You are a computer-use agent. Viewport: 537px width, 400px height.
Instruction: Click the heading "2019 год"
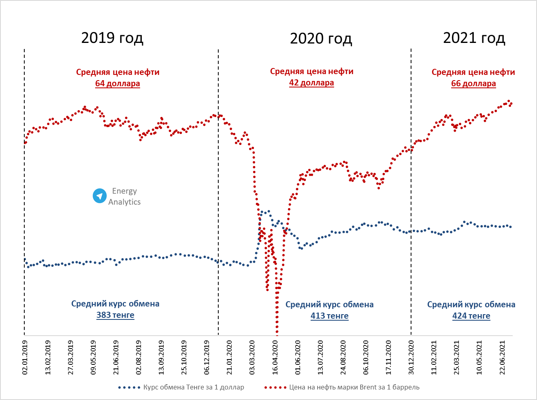pos(112,38)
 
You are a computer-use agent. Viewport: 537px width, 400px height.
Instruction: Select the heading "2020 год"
pos(321,38)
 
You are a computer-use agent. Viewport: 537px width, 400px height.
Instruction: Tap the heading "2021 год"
pos(474,38)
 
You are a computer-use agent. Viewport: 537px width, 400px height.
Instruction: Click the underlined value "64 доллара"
pos(117,83)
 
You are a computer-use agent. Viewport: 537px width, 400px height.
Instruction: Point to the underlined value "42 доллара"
pos(311,83)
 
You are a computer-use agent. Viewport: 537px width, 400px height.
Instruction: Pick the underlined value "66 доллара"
pos(473,83)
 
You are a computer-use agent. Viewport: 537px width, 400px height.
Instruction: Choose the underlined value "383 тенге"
pos(115,315)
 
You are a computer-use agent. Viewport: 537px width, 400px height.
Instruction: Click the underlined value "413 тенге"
pos(329,316)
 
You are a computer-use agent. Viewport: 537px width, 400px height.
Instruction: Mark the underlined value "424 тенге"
pos(471,316)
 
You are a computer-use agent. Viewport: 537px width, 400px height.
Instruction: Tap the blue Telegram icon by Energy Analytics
pos(100,196)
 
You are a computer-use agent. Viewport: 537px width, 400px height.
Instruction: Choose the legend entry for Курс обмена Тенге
pos(181,387)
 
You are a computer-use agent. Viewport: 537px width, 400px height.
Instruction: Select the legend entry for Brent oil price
pos(342,387)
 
